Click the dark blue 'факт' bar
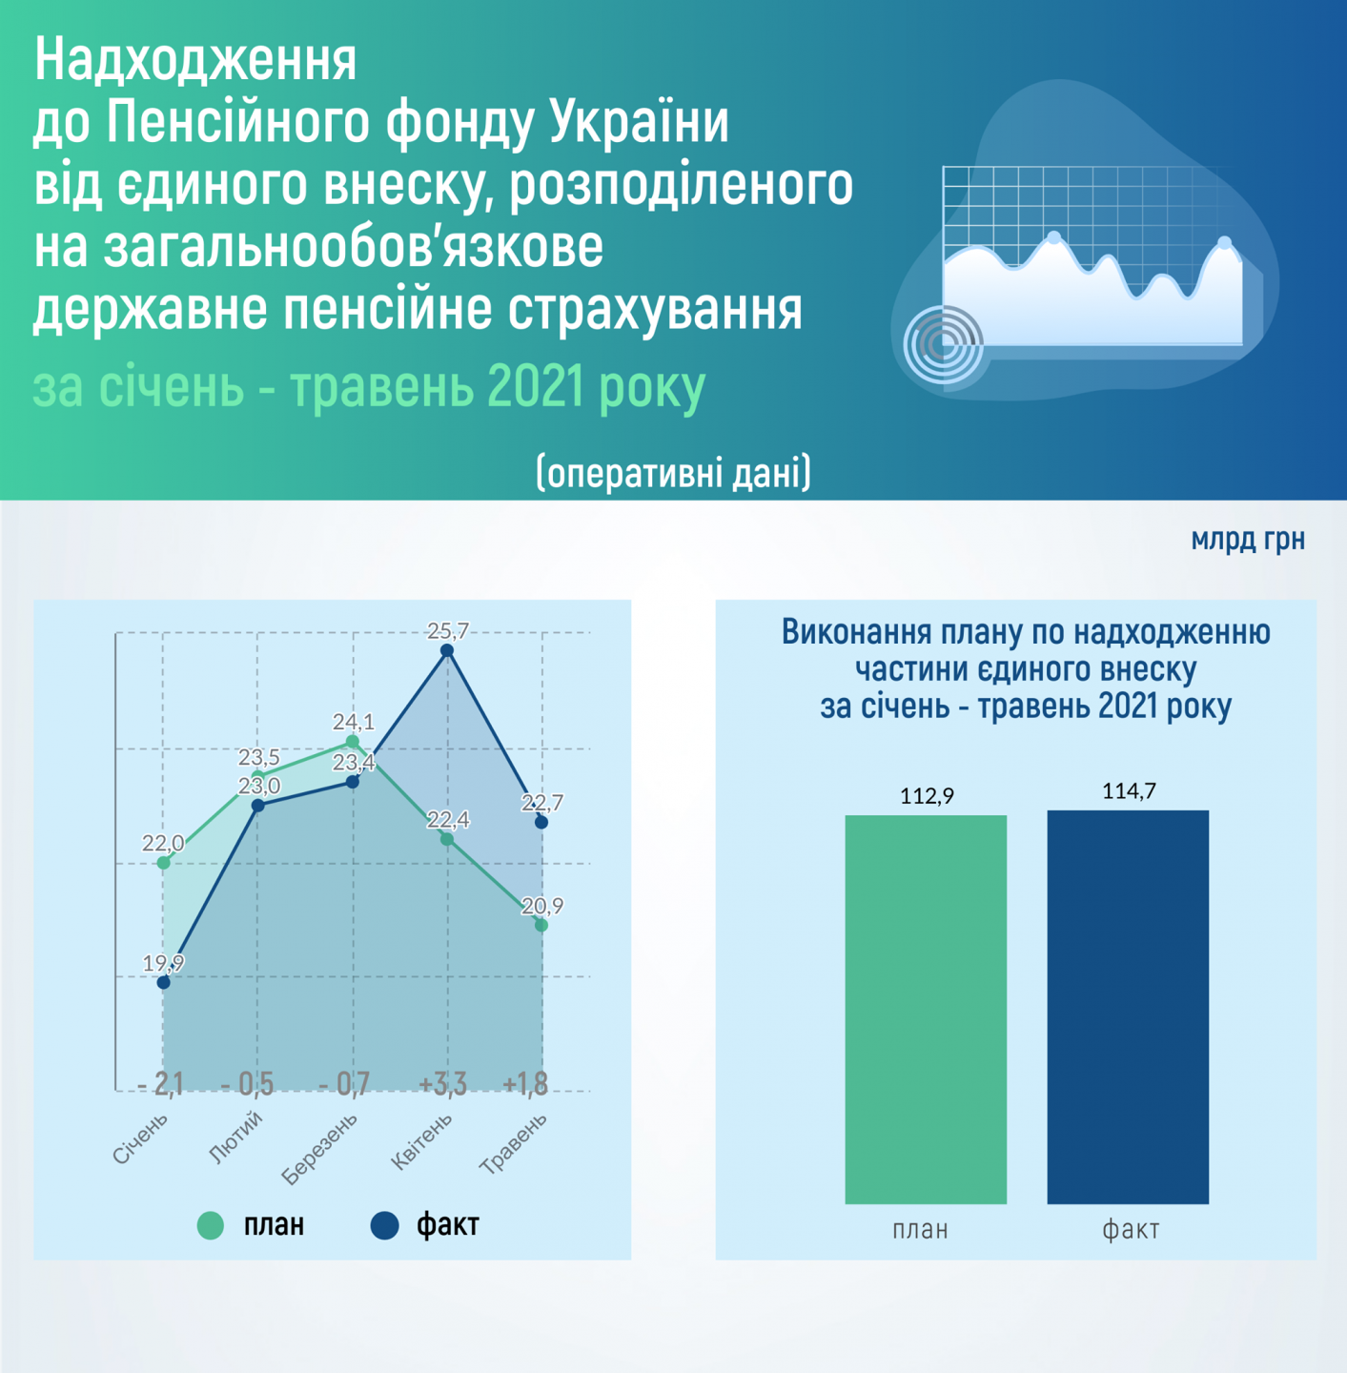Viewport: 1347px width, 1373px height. [1128, 1007]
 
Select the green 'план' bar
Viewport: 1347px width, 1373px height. [926, 1010]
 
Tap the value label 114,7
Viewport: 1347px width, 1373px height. [1129, 790]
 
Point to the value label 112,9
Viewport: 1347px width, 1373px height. [927, 796]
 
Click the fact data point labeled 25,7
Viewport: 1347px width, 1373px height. [447, 650]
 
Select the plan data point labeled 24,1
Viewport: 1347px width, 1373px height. [352, 742]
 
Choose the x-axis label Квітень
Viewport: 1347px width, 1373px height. [421, 1141]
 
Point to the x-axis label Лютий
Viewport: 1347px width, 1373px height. [235, 1137]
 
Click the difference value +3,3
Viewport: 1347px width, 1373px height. [442, 1084]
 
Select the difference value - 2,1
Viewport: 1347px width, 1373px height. [160, 1084]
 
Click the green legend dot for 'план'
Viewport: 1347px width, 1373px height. [211, 1225]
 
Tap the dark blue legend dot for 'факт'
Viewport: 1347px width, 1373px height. [385, 1225]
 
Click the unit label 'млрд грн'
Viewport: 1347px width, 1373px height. [1248, 540]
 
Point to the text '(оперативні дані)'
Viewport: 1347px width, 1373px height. [673, 472]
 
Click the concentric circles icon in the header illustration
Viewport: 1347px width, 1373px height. [943, 345]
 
